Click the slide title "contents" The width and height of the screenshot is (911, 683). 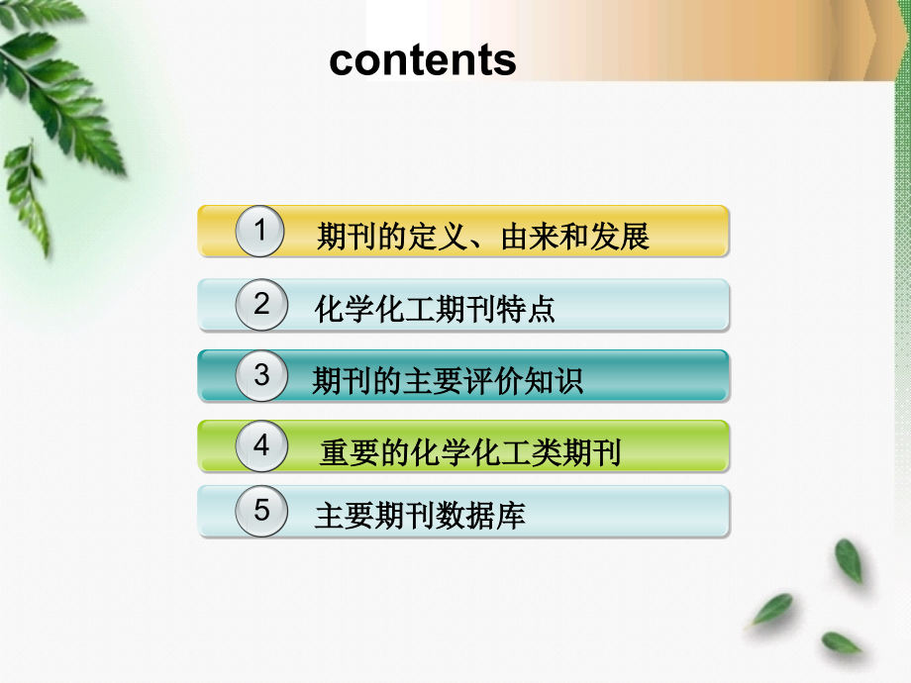click(x=423, y=60)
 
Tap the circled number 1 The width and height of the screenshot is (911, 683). click(x=261, y=232)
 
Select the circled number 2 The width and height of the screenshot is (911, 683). click(x=261, y=304)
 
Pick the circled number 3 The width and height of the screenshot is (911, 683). click(x=261, y=375)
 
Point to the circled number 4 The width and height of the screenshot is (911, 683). click(x=261, y=445)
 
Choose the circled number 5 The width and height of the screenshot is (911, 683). click(x=261, y=511)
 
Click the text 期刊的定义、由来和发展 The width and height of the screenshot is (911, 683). click(x=482, y=238)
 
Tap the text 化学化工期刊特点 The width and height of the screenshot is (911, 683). click(x=435, y=310)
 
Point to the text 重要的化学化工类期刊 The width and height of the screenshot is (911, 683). click(x=470, y=453)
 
